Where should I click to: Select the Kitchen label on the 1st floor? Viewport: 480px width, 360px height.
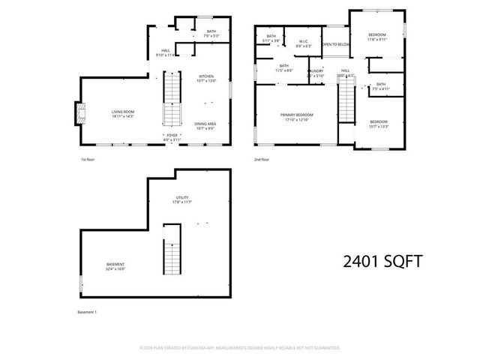click(205, 78)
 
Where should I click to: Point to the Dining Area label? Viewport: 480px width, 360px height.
click(205, 126)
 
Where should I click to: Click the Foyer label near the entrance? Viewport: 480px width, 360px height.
click(172, 137)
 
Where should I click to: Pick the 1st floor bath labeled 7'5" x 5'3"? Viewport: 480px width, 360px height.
click(211, 34)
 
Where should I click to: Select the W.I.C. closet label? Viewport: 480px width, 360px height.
click(304, 43)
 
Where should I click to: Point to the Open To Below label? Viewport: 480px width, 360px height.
click(335, 45)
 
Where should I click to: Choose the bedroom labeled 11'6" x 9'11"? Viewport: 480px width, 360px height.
click(377, 37)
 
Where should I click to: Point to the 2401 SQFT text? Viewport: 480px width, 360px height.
click(382, 261)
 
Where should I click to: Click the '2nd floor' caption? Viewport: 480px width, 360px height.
click(262, 160)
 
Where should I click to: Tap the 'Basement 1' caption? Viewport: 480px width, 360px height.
click(88, 312)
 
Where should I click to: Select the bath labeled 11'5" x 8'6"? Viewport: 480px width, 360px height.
click(284, 67)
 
